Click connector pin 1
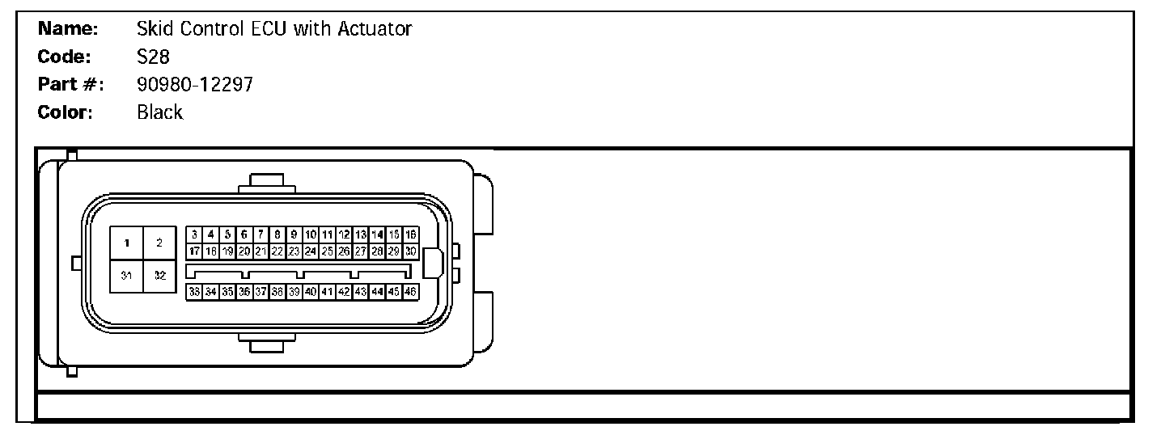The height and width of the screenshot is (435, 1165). click(127, 243)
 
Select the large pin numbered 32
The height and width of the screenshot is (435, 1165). click(159, 276)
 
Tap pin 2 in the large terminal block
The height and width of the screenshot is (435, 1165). click(159, 243)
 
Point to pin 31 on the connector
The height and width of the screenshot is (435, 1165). click(127, 276)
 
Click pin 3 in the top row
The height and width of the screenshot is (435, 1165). click(194, 234)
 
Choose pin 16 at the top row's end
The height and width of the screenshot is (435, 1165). click(411, 234)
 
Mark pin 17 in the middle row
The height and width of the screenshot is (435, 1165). click(194, 251)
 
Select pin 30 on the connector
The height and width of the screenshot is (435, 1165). click(411, 251)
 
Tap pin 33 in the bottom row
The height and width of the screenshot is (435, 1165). click(194, 292)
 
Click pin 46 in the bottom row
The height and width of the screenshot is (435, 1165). click(411, 292)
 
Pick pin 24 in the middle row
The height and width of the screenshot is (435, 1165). click(311, 251)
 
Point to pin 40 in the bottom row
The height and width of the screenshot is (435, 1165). click(311, 292)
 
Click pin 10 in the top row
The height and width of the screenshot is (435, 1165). click(311, 234)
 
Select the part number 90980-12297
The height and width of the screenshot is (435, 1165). click(195, 84)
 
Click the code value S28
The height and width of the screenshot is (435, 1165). click(153, 57)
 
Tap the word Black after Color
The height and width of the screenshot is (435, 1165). click(160, 112)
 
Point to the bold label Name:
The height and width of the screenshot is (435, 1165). click(69, 30)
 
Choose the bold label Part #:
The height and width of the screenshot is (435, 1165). click(71, 84)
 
